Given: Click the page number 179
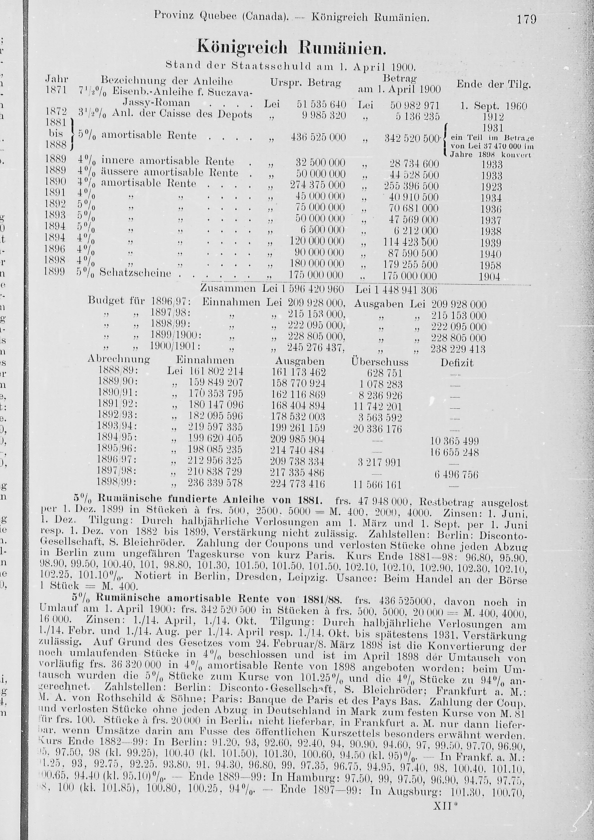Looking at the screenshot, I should tap(526, 19).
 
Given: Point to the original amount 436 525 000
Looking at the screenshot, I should tap(318, 138).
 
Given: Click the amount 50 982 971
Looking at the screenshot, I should tap(415, 106).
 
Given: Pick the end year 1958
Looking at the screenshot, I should tap(491, 265).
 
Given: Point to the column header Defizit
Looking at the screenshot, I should tap(457, 363).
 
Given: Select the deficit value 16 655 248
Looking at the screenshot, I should tap(454, 452).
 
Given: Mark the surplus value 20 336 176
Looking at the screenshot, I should tap(377, 429).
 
